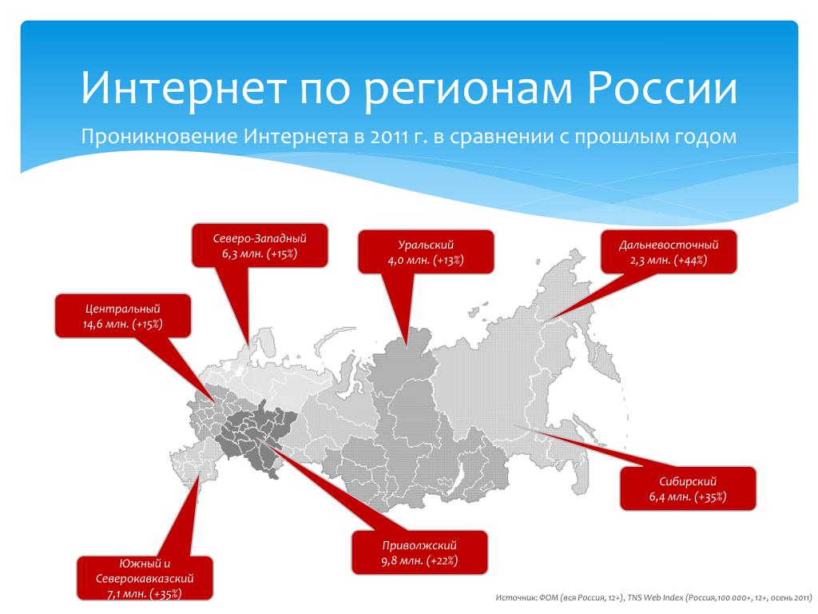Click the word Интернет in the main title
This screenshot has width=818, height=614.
pyautogui.click(x=184, y=88)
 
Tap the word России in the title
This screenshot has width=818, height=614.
pyautogui.click(x=662, y=88)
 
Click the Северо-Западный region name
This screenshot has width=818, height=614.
pyautogui.click(x=260, y=238)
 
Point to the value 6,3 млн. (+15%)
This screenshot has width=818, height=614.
pyautogui.click(x=260, y=254)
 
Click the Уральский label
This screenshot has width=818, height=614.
pyautogui.click(x=426, y=245)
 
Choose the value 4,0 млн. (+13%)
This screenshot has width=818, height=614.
pyautogui.click(x=426, y=260)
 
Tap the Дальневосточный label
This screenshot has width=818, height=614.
pyautogui.click(x=669, y=245)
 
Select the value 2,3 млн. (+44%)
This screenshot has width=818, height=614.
pyautogui.click(x=669, y=260)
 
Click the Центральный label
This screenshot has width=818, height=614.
pyautogui.click(x=122, y=309)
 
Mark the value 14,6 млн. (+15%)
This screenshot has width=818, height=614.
pyautogui.click(x=122, y=325)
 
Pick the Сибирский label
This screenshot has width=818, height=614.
pyautogui.click(x=688, y=481)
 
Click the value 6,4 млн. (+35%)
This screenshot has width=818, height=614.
pyautogui.click(x=688, y=496)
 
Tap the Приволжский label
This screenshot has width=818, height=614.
pyautogui.click(x=419, y=545)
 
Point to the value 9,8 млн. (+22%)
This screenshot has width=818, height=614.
pyautogui.click(x=419, y=560)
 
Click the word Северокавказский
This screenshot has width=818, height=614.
pyautogui.click(x=145, y=579)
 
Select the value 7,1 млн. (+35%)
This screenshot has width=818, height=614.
pyautogui.click(x=145, y=594)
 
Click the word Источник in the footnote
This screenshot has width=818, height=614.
pyautogui.click(x=515, y=597)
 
